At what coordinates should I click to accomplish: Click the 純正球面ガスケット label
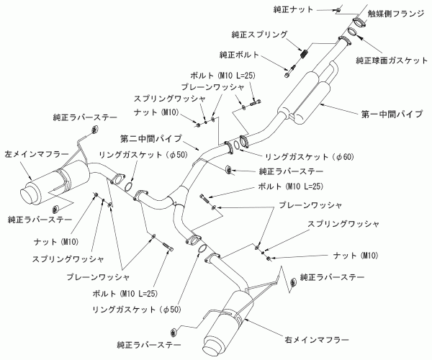point(392,62)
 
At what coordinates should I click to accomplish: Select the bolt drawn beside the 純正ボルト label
point(289,71)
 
